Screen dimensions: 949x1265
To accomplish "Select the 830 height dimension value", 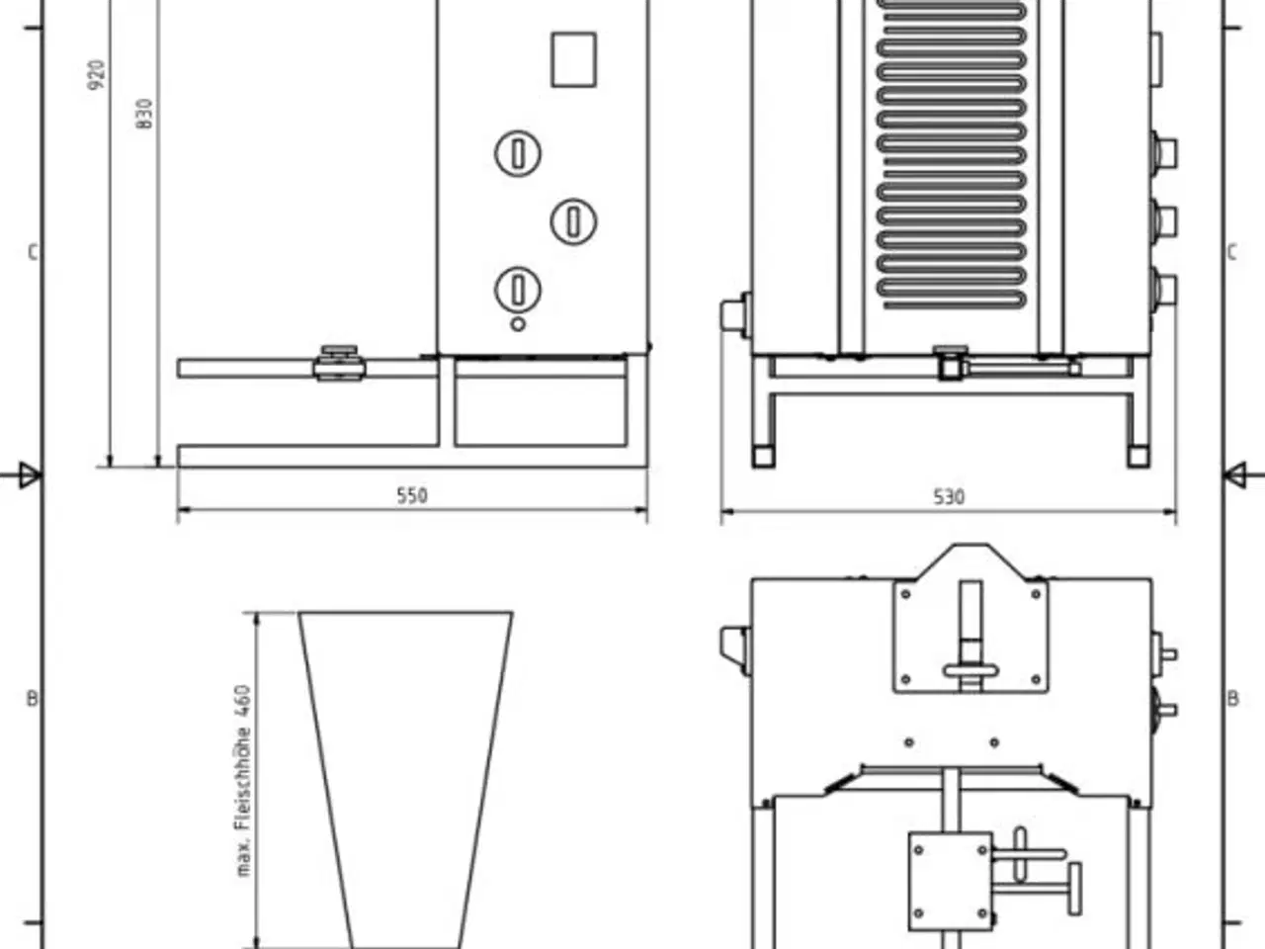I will coord(145,115).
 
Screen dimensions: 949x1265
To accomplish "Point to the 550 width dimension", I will coord(412,495).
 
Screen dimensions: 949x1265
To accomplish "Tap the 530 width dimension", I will coord(948,496).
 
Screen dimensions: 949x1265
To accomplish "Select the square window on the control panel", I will coord(572,59).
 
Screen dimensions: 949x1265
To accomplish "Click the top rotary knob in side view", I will coord(517,153).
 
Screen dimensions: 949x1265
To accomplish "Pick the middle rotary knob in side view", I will coord(573,220).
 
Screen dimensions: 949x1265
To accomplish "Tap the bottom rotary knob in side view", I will coord(517,290).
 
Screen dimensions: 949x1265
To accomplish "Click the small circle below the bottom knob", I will coord(517,324).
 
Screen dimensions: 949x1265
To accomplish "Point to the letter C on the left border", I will coord(32,253).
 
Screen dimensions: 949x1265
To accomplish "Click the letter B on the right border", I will coord(1232,699).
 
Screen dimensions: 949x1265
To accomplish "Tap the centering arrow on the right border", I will coord(1234,475).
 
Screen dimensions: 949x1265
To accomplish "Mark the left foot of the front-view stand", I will coord(763,457).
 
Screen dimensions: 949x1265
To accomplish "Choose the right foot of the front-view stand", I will coord(1138,457).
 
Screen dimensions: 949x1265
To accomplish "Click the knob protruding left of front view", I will coord(735,314).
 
